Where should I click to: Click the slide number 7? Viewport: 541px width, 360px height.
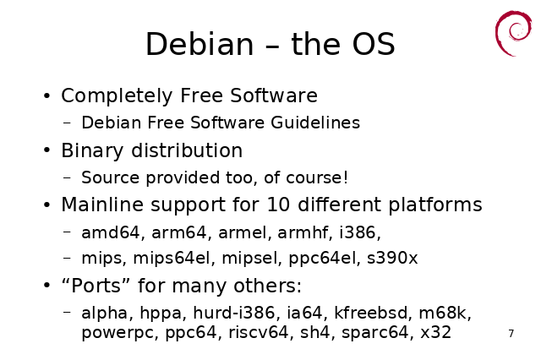coord(511,334)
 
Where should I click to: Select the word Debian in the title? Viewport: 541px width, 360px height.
coord(199,44)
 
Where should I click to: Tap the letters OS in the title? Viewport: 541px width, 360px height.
coord(374,44)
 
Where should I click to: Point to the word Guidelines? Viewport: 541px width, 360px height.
coord(315,123)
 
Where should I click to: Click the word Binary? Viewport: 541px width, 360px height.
coord(92,151)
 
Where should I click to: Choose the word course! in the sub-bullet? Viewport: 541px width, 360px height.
coord(317,177)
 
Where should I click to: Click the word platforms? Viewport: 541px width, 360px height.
coord(435,205)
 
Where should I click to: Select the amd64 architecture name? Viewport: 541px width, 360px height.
coord(111,232)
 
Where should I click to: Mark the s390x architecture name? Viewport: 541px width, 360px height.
coord(392,258)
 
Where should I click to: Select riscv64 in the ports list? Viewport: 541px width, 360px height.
coord(258,333)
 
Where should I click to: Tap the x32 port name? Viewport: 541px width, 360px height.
coord(435,333)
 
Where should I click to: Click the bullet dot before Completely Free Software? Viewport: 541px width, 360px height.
coord(47,95)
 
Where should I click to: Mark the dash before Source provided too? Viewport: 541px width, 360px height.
coord(68,177)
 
